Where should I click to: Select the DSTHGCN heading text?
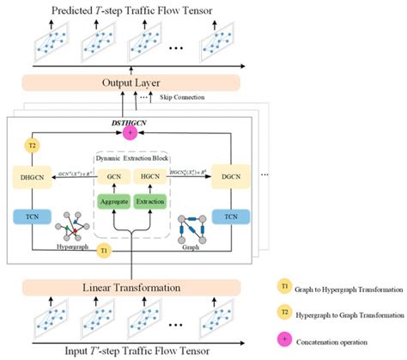click(132, 120)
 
